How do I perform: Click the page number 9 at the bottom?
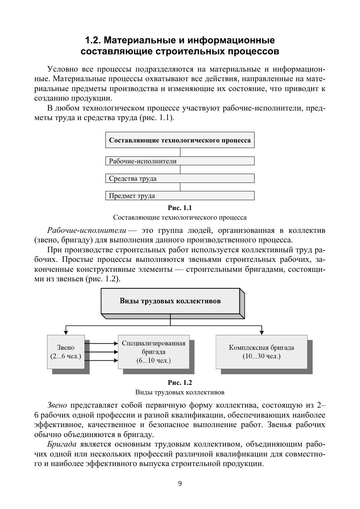(180, 484)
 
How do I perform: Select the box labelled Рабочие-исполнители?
(180, 161)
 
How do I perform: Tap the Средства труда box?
(180, 178)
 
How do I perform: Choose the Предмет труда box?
(180, 196)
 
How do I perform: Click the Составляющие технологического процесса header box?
(180, 140)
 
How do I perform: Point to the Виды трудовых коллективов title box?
(170, 301)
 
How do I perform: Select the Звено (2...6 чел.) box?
(66, 352)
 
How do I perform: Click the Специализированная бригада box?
(154, 352)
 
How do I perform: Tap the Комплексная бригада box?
(261, 352)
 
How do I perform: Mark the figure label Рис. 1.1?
(180, 208)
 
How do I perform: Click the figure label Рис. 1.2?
(180, 383)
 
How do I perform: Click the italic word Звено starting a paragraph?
(57, 405)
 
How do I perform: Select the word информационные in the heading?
(231, 40)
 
